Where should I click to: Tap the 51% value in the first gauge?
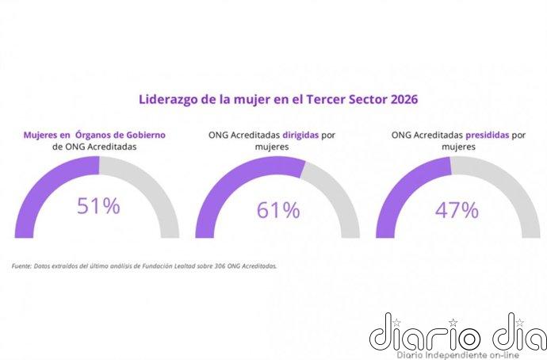pos(98,206)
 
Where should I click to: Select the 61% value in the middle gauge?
pos(278,210)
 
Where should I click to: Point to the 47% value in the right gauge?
pos(457,210)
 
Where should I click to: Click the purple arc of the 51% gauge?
pos(40,190)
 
